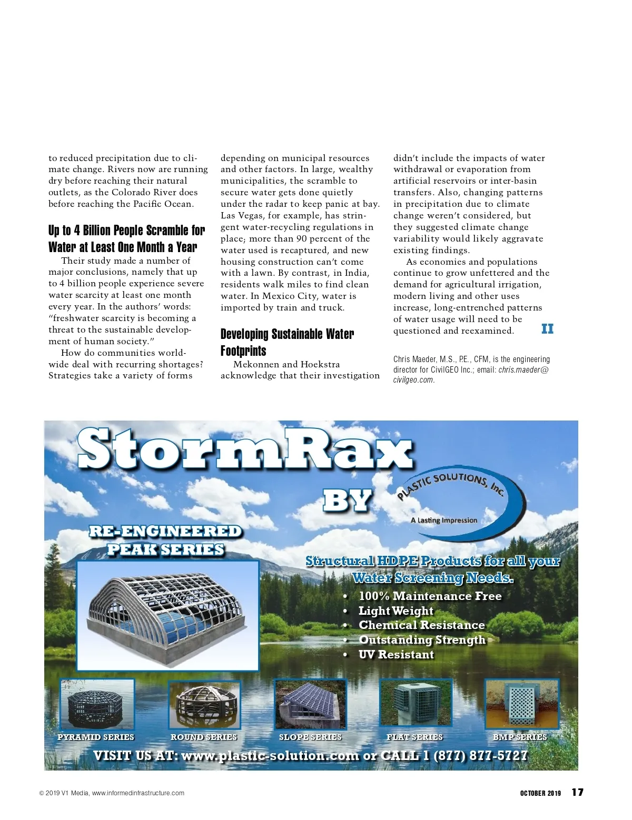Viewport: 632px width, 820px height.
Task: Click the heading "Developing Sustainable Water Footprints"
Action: click(x=287, y=342)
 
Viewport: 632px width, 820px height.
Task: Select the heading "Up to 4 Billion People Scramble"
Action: click(x=126, y=238)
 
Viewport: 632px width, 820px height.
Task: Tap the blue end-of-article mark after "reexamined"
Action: click(x=547, y=329)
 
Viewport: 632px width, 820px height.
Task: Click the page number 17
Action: click(x=577, y=792)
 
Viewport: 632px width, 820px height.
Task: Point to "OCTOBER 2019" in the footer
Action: click(x=540, y=793)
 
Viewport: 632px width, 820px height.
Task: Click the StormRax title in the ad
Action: click(x=245, y=449)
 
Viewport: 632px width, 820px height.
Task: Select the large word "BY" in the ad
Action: click(x=348, y=501)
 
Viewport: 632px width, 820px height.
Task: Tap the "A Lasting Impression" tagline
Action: click(x=443, y=520)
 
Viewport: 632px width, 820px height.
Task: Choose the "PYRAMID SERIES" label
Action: click(x=96, y=737)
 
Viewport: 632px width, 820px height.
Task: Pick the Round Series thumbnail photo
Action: click(x=204, y=704)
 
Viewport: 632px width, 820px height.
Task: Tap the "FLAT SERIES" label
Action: click(x=414, y=737)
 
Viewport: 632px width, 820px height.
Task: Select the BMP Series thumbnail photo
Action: click(x=521, y=703)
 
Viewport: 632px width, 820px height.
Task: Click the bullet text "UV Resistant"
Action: click(x=396, y=655)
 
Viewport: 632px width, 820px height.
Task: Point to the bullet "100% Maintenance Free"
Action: click(x=430, y=596)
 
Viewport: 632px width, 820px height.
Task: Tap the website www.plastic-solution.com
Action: click(x=270, y=756)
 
